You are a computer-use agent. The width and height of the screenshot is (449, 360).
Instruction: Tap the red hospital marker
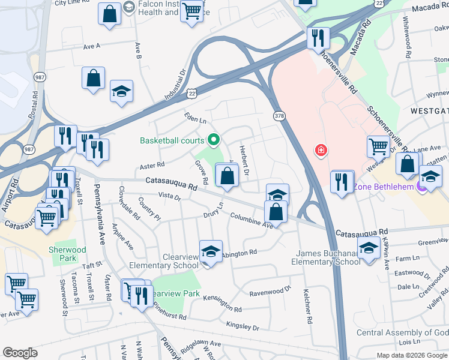(322, 149)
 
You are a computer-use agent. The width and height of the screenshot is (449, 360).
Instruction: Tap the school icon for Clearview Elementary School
(211, 252)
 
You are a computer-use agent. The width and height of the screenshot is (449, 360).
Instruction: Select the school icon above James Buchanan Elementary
(368, 246)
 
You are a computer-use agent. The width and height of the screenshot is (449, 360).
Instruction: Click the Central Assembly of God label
(402, 333)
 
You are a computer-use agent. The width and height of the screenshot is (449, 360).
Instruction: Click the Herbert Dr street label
(244, 161)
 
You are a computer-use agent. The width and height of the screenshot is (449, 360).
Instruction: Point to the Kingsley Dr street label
(243, 326)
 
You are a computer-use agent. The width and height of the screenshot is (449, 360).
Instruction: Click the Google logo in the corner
(20, 353)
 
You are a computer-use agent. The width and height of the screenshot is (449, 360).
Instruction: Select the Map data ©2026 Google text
(411, 355)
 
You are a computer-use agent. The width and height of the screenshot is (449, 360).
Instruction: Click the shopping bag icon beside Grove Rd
(227, 176)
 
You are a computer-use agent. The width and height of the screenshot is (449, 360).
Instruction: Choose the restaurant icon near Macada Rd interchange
(318, 38)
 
